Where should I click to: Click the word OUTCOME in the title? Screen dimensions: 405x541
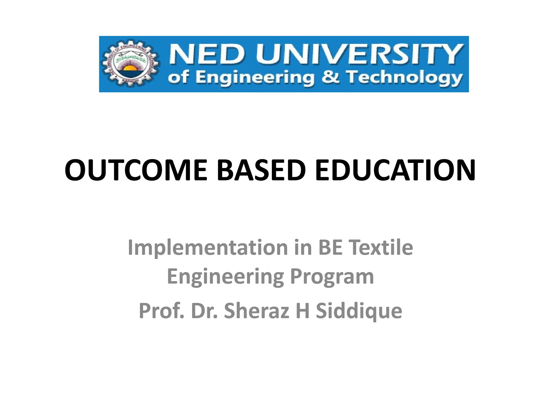(136, 170)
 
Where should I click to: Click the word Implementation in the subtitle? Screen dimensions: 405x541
(208, 248)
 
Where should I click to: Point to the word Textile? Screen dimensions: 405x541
(381, 248)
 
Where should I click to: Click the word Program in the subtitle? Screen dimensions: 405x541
(332, 277)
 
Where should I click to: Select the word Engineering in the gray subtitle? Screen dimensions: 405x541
(225, 277)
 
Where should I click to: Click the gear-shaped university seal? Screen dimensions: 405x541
(131, 64)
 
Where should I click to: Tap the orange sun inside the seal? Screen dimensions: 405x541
(130, 69)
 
